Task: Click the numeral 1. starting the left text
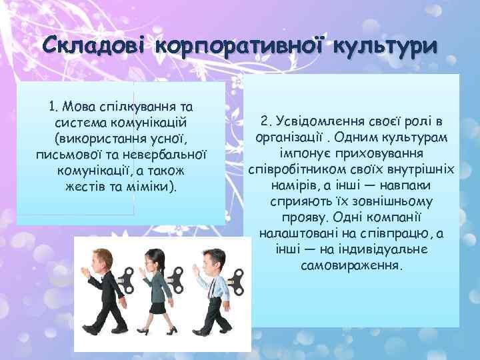click(55, 107)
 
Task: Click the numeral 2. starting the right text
click(267, 123)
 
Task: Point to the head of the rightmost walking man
click(209, 259)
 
